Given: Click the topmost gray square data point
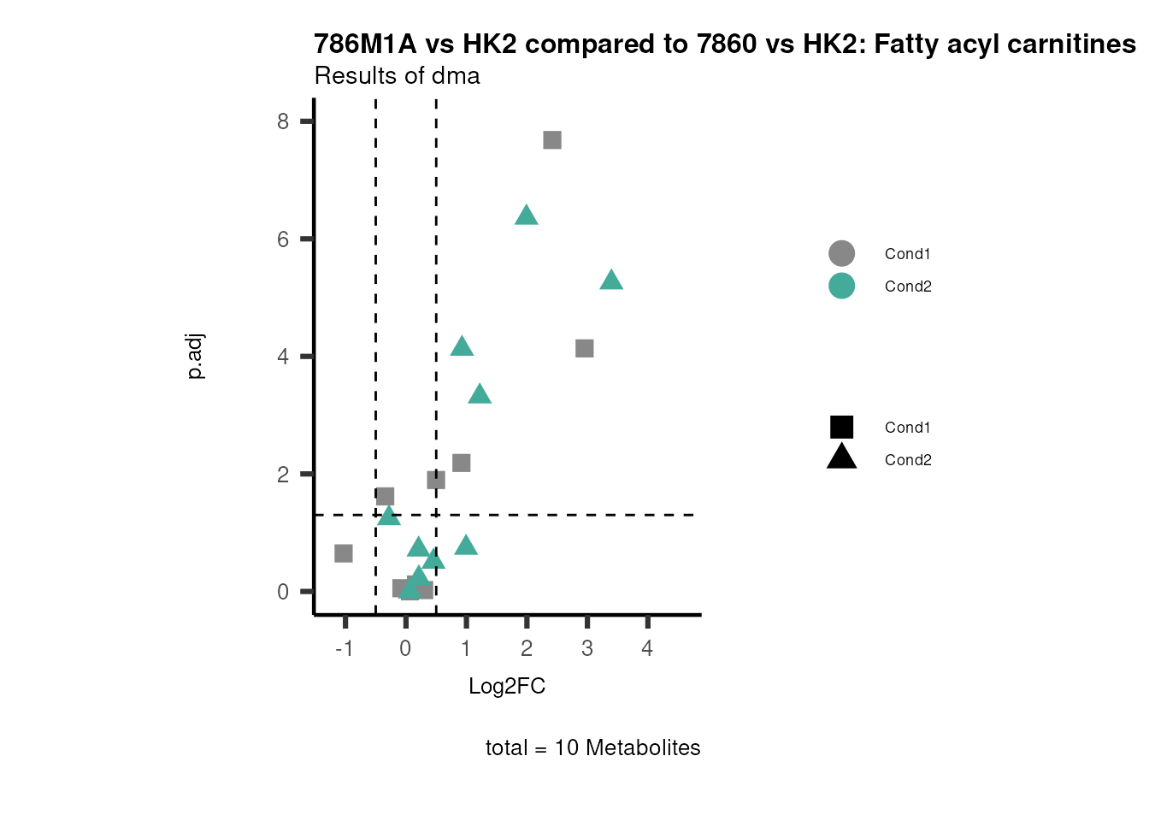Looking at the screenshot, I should [552, 140].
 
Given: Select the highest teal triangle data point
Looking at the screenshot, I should [527, 216].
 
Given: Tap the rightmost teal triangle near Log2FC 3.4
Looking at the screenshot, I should [611, 281].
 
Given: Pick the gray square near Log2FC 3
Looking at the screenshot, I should [585, 348].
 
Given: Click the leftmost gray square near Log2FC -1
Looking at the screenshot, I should [344, 553].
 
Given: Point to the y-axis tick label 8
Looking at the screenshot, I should [283, 121].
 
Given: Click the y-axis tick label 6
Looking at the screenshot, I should [283, 239].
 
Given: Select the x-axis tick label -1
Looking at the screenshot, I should [344, 649].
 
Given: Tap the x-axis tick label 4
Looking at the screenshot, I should [647, 649].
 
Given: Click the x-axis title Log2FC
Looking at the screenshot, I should [507, 687].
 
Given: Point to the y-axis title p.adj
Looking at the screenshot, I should [195, 357].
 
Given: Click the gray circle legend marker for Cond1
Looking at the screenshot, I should [841, 254].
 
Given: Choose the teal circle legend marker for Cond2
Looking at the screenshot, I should [841, 286].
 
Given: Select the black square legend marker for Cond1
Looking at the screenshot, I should [841, 428].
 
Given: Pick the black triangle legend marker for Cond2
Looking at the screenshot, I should [841, 458].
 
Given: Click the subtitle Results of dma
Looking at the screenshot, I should [397, 76].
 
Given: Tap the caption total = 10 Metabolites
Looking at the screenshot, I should [592, 748].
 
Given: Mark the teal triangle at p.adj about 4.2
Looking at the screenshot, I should [462, 347].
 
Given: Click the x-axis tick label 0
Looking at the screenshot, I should [405, 649].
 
